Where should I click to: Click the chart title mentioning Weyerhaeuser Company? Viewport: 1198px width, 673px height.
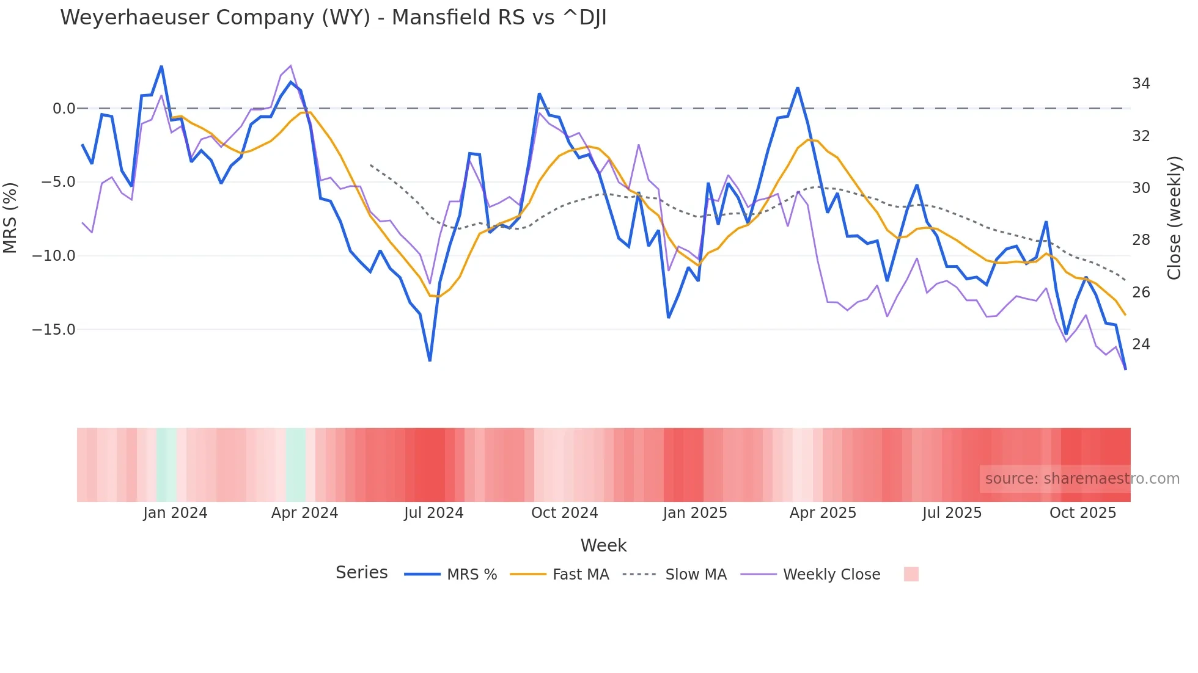tap(333, 18)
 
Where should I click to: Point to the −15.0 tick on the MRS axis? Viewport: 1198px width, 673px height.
tap(54, 330)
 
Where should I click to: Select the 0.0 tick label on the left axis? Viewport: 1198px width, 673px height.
tap(64, 109)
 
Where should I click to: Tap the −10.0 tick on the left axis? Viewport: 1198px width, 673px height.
tap(54, 256)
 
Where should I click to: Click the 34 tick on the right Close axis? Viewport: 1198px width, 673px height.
tap(1141, 84)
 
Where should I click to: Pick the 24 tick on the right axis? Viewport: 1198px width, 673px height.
tap(1141, 344)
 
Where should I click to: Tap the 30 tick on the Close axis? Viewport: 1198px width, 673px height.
tap(1141, 188)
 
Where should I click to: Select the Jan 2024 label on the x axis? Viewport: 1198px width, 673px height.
tap(175, 513)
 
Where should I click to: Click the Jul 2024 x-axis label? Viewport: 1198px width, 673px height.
tap(433, 513)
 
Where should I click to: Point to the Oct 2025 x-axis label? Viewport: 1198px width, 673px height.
tap(1082, 513)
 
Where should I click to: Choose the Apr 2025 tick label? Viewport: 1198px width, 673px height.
tap(823, 513)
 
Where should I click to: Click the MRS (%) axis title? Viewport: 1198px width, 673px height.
tap(10, 218)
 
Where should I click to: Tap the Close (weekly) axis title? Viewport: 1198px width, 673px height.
tap(1174, 218)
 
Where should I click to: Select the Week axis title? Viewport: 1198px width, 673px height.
tap(603, 545)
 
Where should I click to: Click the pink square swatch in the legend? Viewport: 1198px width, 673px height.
tap(911, 574)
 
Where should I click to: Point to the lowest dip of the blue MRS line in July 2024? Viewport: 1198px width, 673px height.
tap(430, 360)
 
